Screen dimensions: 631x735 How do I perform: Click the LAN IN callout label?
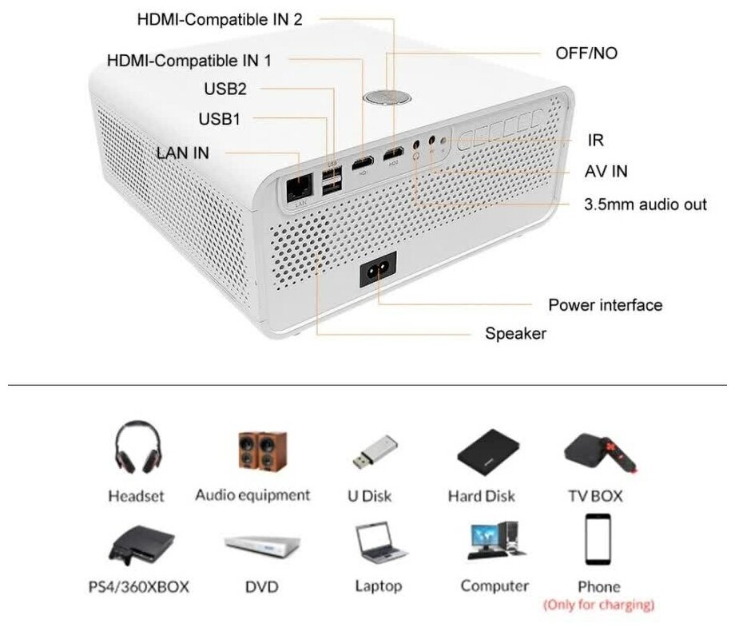pyautogui.click(x=183, y=152)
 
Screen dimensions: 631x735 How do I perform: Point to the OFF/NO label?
pyautogui.click(x=586, y=54)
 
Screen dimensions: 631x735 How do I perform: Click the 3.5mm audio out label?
pyautogui.click(x=646, y=204)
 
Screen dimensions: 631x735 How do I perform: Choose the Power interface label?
pyautogui.click(x=605, y=305)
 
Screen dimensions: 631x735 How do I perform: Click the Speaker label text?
pyautogui.click(x=515, y=333)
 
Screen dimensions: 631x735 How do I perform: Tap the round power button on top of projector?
pyautogui.click(x=386, y=97)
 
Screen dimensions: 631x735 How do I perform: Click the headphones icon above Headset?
pyautogui.click(x=137, y=448)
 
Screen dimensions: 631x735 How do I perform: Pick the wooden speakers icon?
pyautogui.click(x=261, y=450)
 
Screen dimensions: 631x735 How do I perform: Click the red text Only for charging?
pyautogui.click(x=599, y=605)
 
